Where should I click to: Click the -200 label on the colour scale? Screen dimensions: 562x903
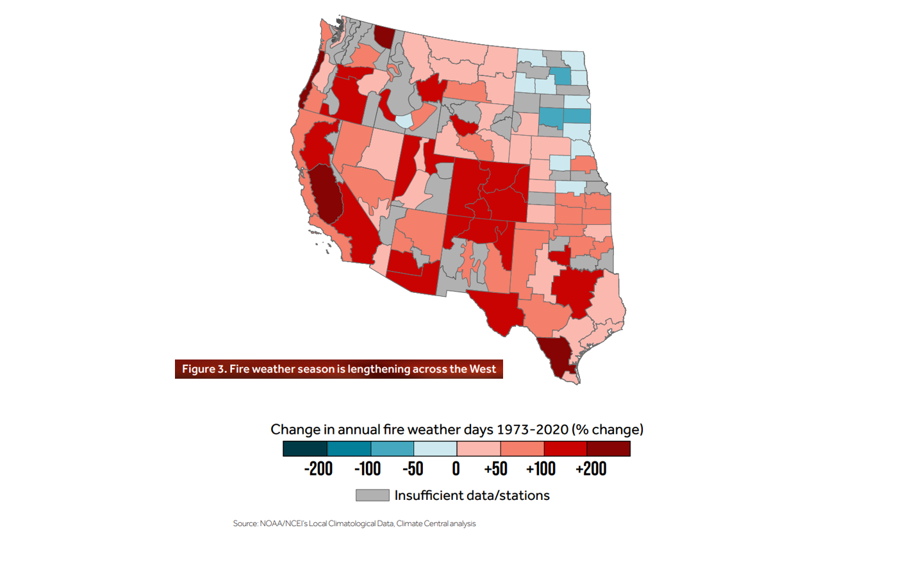(x=318, y=469)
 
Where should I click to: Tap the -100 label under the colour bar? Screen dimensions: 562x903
(x=367, y=469)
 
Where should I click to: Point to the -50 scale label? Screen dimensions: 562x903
(x=413, y=469)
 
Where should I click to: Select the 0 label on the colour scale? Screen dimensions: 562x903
(x=456, y=469)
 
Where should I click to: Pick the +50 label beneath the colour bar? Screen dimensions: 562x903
(x=495, y=469)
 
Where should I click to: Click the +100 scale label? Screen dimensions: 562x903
(x=541, y=469)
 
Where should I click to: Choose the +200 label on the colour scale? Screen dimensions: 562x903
(x=591, y=469)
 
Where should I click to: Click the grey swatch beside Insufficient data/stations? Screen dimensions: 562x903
(x=372, y=495)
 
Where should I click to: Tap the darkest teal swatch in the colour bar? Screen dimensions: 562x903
(x=305, y=449)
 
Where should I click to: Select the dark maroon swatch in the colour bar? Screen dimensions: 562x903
(x=609, y=449)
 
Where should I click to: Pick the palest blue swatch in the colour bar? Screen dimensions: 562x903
(x=435, y=449)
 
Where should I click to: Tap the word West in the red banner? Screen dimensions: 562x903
(x=483, y=369)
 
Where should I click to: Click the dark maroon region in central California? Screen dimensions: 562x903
(x=326, y=195)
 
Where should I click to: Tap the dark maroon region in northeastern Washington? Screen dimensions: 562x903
(x=385, y=37)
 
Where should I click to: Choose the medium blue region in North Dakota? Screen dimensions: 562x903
(x=561, y=76)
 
